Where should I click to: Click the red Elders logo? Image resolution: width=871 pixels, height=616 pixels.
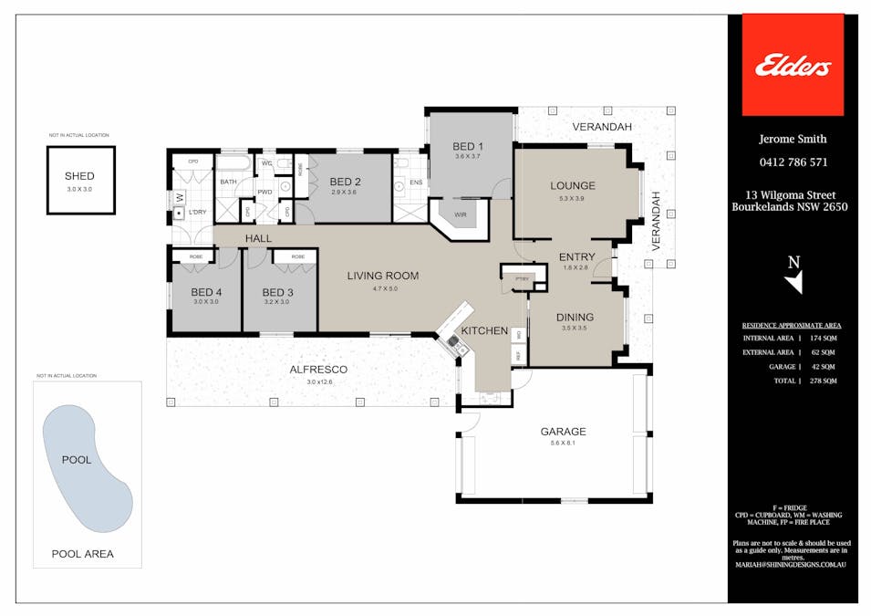pos(792,65)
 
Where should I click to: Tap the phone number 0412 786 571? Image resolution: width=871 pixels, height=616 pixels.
pos(793,162)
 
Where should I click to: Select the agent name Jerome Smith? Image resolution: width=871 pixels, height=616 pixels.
pos(793,139)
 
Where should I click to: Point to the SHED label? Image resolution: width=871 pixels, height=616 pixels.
pos(79,176)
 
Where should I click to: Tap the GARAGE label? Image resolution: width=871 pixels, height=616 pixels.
pos(562,432)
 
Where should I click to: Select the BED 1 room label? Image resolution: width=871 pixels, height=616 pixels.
pos(468,146)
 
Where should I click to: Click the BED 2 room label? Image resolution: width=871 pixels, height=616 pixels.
pos(346,182)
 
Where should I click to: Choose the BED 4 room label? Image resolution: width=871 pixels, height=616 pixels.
pos(206,292)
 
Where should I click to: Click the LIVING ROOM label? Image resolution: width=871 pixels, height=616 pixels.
pos(382,275)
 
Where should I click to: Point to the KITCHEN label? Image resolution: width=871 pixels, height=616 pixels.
pos(484,329)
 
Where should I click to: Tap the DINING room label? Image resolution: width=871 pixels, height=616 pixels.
pos(575,317)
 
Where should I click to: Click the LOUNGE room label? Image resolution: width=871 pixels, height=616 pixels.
pos(572,186)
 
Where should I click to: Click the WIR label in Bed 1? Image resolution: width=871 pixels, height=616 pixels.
pos(460,215)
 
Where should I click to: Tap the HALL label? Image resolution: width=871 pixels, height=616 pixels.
pos(258,239)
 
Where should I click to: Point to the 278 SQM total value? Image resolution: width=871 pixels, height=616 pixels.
pos(823,381)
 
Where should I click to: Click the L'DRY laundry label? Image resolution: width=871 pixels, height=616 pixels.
pos(198,213)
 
